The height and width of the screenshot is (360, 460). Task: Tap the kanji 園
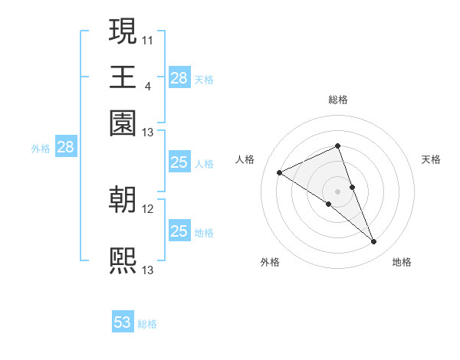(123, 122)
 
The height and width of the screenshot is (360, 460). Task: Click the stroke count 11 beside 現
(148, 38)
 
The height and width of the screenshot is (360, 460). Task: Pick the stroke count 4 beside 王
(147, 85)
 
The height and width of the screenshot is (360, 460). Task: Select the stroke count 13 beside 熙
(148, 270)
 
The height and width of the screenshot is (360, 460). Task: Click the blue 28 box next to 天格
(179, 78)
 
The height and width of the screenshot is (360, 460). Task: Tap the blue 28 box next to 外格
(66, 148)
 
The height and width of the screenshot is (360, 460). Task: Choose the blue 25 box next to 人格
(179, 162)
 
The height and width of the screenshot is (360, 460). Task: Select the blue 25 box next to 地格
(179, 231)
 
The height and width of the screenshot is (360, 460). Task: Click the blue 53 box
(123, 322)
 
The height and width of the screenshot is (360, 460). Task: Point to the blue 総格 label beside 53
(147, 324)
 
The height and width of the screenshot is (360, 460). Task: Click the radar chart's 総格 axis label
(337, 100)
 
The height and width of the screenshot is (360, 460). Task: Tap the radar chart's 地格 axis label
(402, 263)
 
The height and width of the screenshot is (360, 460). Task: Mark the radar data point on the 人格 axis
(279, 173)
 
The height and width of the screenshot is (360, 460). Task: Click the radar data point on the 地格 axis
(374, 242)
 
